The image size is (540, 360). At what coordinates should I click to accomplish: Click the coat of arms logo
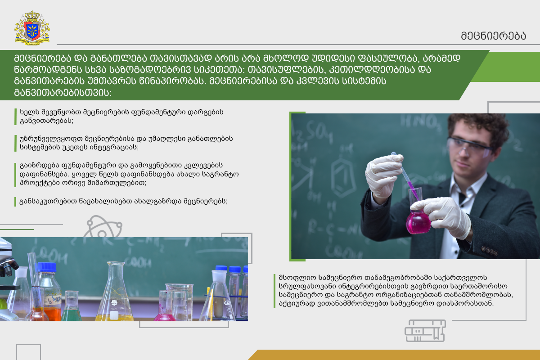(x=32, y=28)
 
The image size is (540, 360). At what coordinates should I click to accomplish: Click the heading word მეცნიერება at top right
(x=494, y=36)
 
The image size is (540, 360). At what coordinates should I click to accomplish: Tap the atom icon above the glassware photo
(x=103, y=226)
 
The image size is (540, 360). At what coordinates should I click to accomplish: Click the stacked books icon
(x=425, y=331)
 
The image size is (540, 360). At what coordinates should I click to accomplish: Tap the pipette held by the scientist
(x=405, y=176)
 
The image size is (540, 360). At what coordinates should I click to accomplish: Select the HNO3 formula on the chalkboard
(x=421, y=121)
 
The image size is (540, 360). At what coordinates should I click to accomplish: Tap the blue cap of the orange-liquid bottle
(x=47, y=267)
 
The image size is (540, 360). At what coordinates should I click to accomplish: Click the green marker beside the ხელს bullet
(x=15, y=117)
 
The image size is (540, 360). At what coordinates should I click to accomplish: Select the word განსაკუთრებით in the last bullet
(x=48, y=201)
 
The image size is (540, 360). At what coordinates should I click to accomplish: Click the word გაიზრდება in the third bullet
(x=39, y=166)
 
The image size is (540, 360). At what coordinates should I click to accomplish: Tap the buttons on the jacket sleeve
(x=489, y=251)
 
